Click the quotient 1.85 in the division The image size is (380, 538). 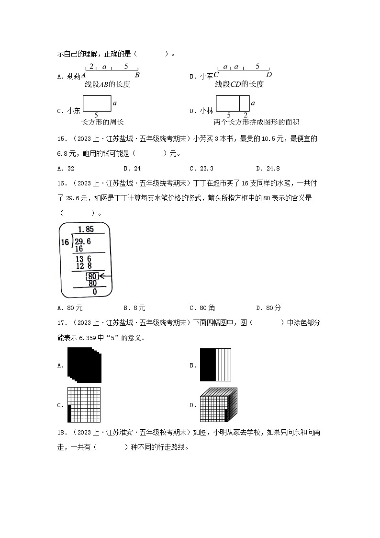point(86,229)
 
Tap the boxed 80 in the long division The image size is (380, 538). point(93,276)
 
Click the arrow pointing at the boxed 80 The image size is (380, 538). point(105,276)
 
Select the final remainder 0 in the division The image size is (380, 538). point(94,291)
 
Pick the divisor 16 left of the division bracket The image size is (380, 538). point(65,242)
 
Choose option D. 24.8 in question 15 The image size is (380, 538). point(268,169)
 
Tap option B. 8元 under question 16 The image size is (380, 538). point(134,308)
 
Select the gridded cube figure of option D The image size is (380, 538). point(218,405)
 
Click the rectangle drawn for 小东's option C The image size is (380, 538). point(97,103)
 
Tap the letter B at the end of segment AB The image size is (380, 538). point(137,75)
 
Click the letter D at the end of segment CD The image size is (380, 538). point(269,75)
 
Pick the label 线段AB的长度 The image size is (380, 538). point(107,84)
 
